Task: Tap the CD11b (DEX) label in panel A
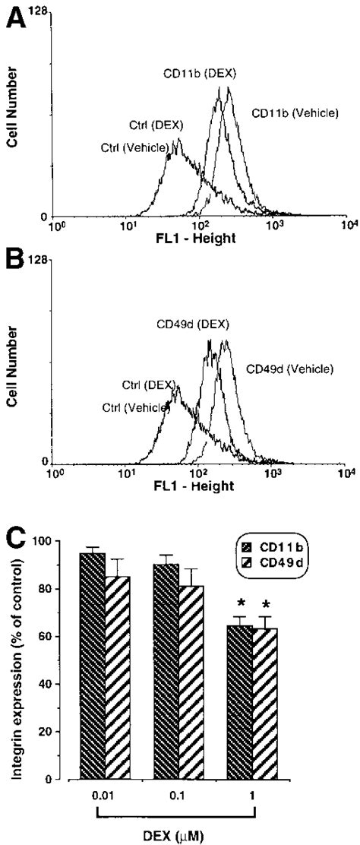coord(200,74)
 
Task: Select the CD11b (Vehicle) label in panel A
coord(295,113)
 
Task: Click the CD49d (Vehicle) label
coord(289,369)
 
